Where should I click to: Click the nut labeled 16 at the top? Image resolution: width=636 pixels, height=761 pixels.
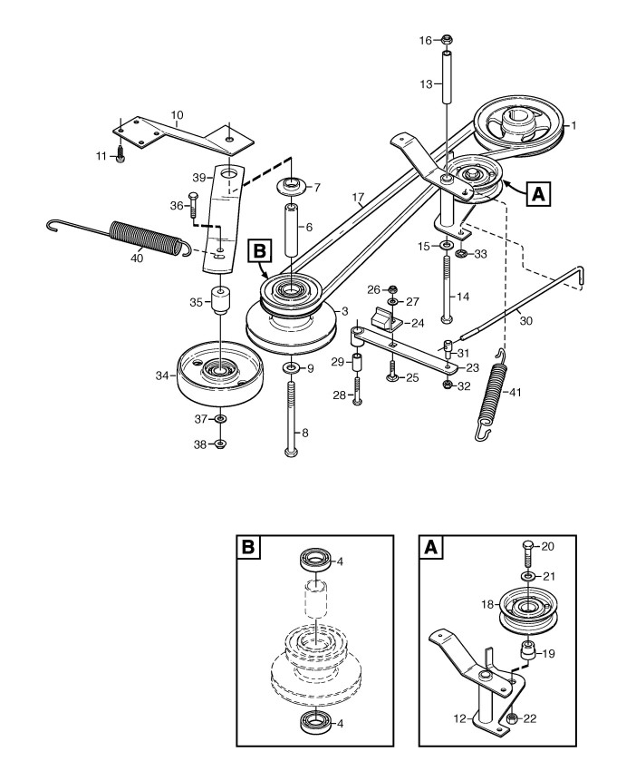(447, 40)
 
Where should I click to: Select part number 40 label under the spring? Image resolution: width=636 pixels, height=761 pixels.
(137, 259)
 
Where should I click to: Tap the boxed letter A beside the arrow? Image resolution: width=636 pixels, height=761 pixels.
(538, 194)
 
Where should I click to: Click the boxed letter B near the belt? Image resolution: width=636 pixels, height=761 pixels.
(260, 251)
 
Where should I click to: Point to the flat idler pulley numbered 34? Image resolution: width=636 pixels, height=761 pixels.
(219, 376)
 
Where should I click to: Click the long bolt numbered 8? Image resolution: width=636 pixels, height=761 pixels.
(292, 418)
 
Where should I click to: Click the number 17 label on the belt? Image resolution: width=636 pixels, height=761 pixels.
(358, 198)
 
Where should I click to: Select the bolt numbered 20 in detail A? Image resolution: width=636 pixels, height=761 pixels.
(528, 555)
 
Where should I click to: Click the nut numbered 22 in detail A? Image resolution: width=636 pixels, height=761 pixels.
(510, 718)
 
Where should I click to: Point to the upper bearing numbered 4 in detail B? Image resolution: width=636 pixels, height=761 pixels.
(316, 561)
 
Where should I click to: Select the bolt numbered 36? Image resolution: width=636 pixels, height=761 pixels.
(191, 205)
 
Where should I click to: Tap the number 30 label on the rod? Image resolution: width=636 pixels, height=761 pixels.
(526, 320)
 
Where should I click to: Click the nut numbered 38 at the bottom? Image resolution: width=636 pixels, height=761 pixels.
(220, 444)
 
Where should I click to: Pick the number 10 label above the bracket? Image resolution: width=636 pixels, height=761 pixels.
(177, 115)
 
